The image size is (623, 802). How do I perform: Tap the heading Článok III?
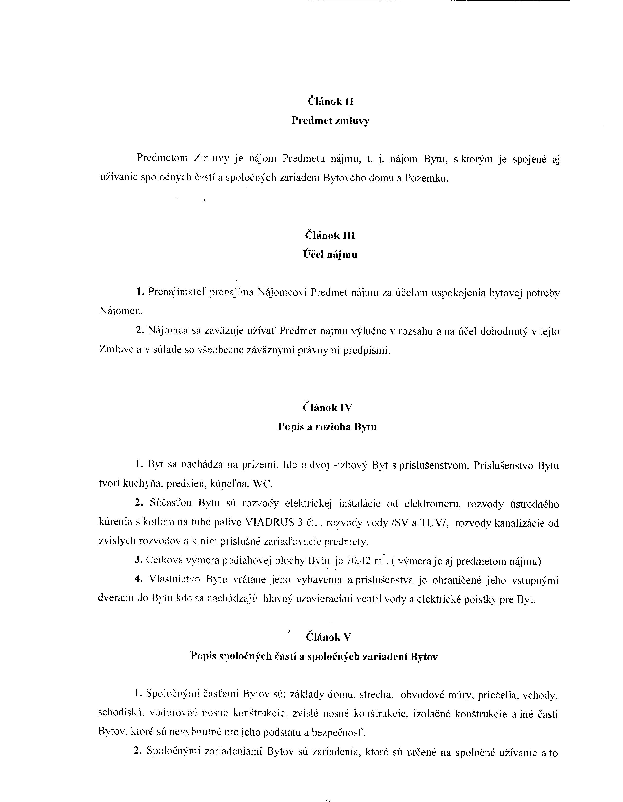(x=330, y=235)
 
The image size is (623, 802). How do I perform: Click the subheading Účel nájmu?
(x=330, y=255)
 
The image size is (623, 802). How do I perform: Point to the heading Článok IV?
(x=327, y=408)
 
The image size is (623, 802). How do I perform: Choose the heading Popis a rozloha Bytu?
(x=327, y=427)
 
